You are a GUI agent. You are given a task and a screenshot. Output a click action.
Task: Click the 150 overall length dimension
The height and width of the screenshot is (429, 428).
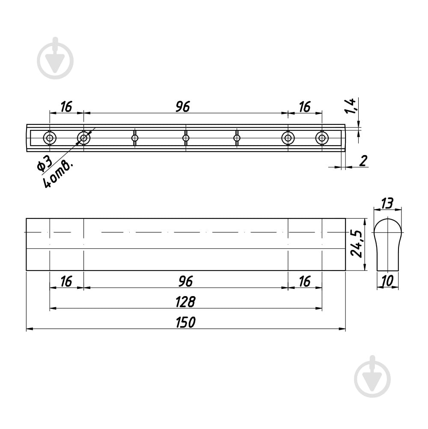pyautogui.click(x=185, y=322)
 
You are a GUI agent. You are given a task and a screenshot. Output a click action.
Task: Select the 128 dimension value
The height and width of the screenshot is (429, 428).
pyautogui.click(x=185, y=302)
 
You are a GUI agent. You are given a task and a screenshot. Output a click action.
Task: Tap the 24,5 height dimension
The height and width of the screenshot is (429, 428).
pyautogui.click(x=357, y=244)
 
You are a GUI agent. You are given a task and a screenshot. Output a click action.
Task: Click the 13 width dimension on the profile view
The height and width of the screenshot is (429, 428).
pyautogui.click(x=387, y=203)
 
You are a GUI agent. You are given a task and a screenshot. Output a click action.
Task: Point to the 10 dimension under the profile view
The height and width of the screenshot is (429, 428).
pyautogui.click(x=387, y=281)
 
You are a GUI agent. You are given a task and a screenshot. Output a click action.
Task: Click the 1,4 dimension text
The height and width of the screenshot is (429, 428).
pyautogui.click(x=350, y=106)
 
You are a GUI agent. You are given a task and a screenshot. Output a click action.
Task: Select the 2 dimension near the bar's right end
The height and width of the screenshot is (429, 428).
pyautogui.click(x=363, y=161)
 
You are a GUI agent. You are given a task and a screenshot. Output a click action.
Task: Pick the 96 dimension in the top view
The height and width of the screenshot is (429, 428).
pyautogui.click(x=183, y=106)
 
